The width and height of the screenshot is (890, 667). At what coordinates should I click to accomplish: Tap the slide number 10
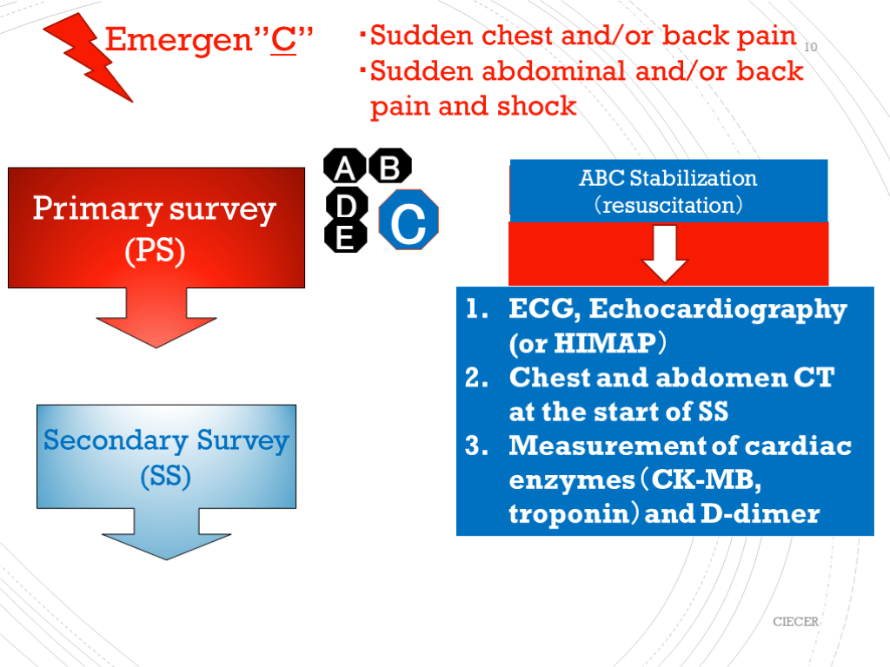811,47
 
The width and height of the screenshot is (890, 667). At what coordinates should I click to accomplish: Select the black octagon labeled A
345,166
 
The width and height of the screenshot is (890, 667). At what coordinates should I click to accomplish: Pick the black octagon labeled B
390,166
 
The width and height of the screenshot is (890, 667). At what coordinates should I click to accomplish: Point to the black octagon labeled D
346,206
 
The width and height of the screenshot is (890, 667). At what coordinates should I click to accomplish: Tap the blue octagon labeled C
408,221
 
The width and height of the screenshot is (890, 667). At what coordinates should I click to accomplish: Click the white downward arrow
667,253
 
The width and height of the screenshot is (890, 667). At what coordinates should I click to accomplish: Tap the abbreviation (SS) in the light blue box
165,476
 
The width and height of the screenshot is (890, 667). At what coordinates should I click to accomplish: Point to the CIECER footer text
796,622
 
